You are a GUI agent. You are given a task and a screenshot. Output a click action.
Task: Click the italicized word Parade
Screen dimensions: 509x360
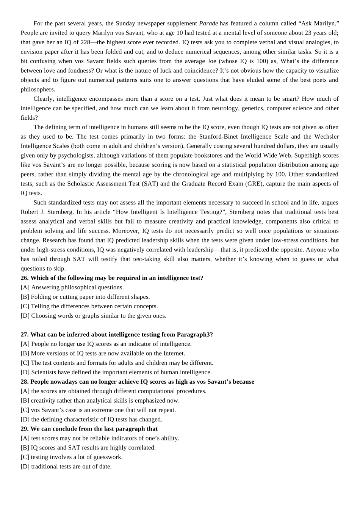(208, 23)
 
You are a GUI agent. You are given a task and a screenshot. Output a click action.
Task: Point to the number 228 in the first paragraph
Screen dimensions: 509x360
(85, 42)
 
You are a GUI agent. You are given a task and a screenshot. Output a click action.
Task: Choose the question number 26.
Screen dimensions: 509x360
(24, 278)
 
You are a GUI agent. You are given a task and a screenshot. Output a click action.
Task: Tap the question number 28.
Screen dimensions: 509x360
(24, 382)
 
